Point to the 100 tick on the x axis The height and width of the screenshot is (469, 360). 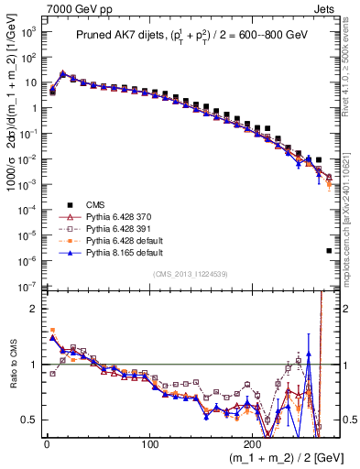pyautogui.click(x=149, y=443)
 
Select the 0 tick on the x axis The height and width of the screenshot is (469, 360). pyautogui.click(x=46, y=443)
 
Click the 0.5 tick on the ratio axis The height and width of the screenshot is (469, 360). pyautogui.click(x=28, y=420)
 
